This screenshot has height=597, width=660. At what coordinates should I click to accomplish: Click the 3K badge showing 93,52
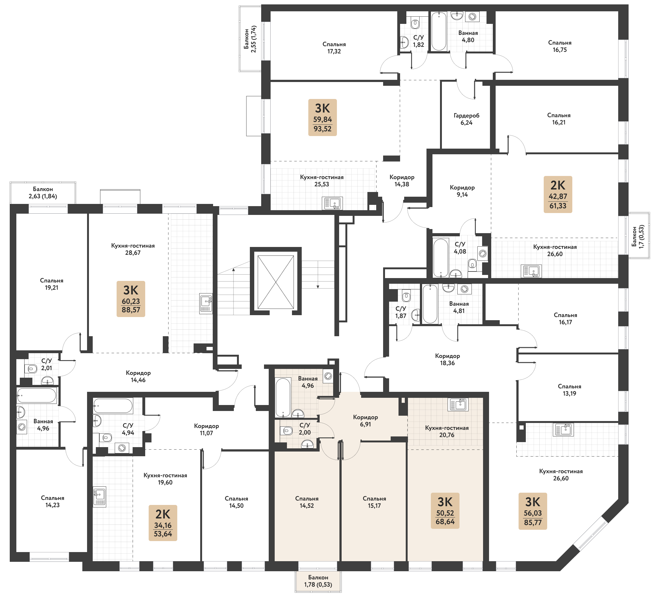pos(322,117)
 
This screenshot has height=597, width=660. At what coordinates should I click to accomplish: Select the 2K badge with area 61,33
pos(558,194)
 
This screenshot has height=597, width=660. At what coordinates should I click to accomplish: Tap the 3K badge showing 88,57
pos(131,298)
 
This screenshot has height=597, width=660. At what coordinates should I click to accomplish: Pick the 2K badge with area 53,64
pos(163,523)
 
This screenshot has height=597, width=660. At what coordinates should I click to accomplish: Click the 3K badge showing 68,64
pos(445,510)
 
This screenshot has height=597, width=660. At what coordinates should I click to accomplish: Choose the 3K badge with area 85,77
pos(533,511)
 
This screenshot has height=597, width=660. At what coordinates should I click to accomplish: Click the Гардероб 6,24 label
pos(466,119)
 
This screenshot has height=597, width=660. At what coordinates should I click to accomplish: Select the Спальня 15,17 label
pos(374,502)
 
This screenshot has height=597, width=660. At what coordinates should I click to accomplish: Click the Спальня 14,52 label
pos(306,502)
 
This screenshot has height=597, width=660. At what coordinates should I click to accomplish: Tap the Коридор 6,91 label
pos(365,421)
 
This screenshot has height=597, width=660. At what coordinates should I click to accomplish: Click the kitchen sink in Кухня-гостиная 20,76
pos(458,405)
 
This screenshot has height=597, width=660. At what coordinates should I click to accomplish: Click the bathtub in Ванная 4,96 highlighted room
pos(283,397)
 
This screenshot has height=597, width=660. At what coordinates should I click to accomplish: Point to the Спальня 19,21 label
pos(52,284)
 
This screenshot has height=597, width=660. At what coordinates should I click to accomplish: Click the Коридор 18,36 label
pos(447,359)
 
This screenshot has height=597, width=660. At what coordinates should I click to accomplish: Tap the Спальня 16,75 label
pos(559,46)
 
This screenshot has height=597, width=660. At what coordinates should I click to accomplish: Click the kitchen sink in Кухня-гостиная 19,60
pos(99,497)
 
